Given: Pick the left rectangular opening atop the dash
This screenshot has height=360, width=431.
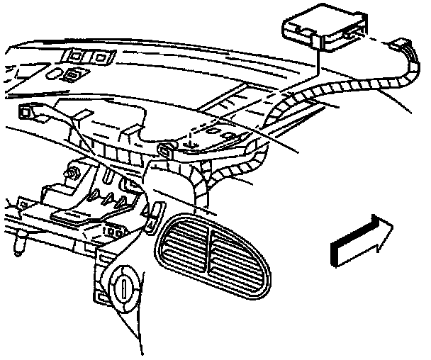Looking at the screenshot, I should pos(74,56).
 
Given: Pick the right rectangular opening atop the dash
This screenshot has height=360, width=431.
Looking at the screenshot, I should pos(101,57).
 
